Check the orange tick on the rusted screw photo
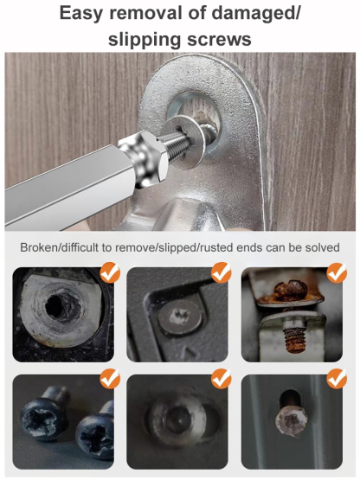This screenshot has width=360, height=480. pos(337,274)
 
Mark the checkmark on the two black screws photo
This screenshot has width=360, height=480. pos(108,378)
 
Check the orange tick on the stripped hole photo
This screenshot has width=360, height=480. pos(108,274)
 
